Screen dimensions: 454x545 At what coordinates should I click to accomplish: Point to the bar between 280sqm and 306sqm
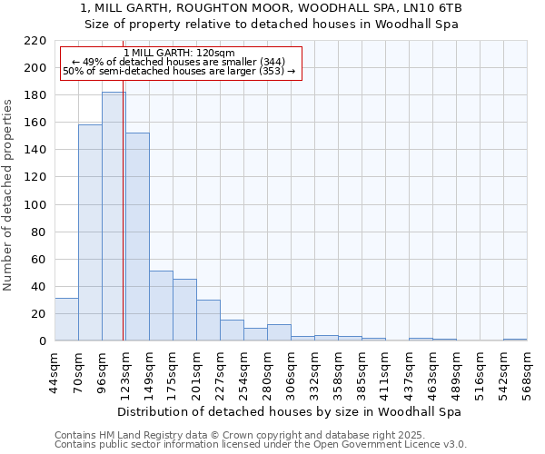(x=279, y=332)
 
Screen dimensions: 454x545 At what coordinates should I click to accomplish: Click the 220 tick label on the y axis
(x=35, y=41)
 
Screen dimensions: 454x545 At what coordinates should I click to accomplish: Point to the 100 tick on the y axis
(x=35, y=205)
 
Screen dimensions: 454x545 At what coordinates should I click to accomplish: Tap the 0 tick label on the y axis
(x=42, y=341)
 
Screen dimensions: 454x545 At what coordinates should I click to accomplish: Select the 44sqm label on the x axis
(x=54, y=372)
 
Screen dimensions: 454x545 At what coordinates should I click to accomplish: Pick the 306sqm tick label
(x=291, y=372)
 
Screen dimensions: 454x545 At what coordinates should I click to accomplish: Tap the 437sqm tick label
(x=409, y=372)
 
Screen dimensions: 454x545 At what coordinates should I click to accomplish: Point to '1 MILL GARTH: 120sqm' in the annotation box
(x=179, y=54)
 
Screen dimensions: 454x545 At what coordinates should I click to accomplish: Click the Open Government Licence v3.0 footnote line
(x=261, y=445)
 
